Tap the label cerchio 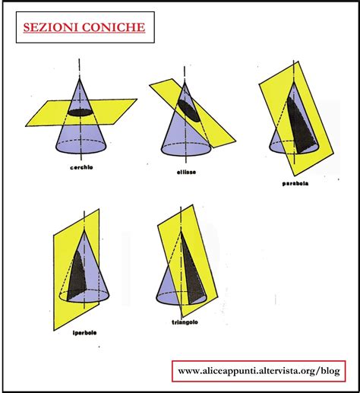[81, 167]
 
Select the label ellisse [186, 173]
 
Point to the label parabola [295, 183]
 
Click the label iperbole [85, 333]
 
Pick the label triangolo [185, 322]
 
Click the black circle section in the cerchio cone [81, 113]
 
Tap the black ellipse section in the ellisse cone [189, 111]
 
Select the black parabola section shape [302, 127]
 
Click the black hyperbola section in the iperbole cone [76, 276]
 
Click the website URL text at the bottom [259, 371]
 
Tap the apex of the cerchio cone [80, 79]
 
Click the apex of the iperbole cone [84, 230]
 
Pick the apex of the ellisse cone [185, 82]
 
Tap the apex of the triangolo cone [181, 231]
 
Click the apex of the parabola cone [294, 82]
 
